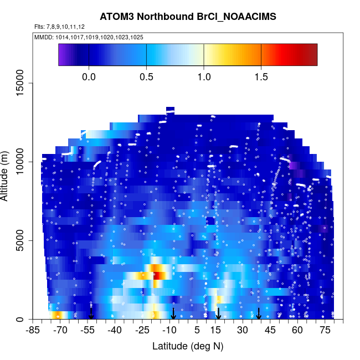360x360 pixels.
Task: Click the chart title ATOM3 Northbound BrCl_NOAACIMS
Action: (188, 17)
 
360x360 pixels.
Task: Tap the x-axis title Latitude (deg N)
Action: (188, 346)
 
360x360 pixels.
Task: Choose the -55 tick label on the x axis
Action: (88, 331)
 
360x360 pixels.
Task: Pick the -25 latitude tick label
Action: (142, 331)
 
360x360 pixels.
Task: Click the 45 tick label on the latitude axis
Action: (270, 331)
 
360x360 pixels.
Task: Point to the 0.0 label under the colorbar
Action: (89, 76)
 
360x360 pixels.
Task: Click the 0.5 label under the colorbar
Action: (147, 76)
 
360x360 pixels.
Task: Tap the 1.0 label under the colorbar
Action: (204, 76)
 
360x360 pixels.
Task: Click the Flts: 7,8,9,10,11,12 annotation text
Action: (60, 27)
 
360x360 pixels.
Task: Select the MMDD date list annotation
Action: (89, 37)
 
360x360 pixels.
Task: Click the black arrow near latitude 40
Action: (259, 313)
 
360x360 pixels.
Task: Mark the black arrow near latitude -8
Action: (173, 313)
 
